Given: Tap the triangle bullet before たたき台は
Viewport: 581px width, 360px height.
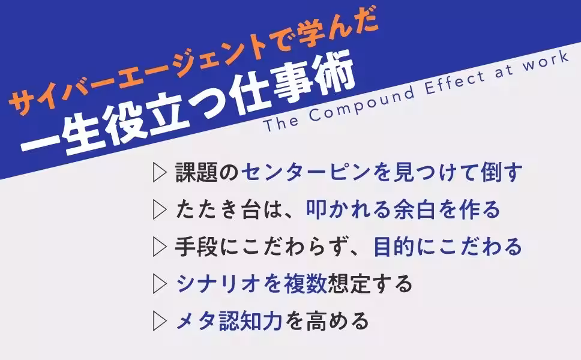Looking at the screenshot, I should [159, 210].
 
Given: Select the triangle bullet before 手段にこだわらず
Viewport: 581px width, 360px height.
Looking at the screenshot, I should [159, 247].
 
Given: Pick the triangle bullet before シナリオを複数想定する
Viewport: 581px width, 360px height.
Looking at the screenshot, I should [159, 284].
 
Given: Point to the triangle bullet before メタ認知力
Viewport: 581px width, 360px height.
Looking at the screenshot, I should [159, 322].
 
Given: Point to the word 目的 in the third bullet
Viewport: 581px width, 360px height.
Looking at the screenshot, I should [394, 247].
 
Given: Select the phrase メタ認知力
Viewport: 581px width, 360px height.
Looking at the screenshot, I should [229, 322].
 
